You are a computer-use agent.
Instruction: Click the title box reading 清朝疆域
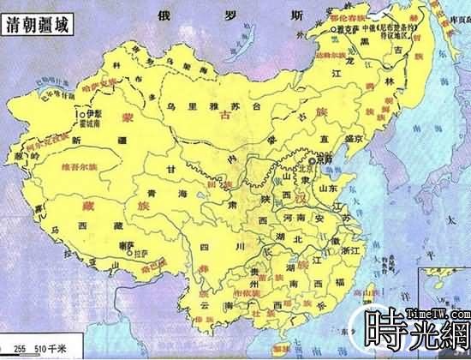click(x=38, y=26)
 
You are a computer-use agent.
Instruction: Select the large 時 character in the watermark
click(x=388, y=328)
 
